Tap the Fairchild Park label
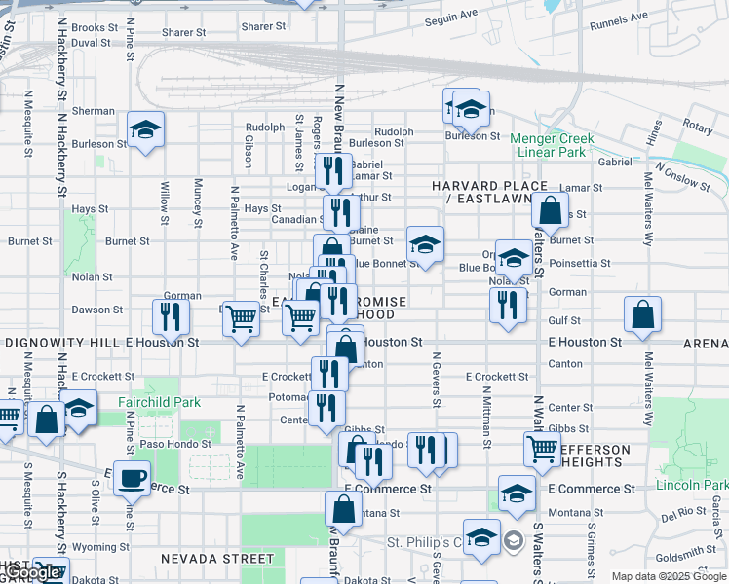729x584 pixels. tap(158, 401)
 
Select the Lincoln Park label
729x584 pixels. tap(692, 485)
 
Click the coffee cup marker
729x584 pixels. tap(132, 478)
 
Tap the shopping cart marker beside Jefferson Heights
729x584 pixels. tap(542, 449)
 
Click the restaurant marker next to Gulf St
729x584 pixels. tap(508, 306)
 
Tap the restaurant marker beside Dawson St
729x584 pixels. tap(169, 315)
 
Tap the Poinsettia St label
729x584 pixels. tap(579, 263)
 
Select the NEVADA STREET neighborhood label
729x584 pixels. tap(217, 559)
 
